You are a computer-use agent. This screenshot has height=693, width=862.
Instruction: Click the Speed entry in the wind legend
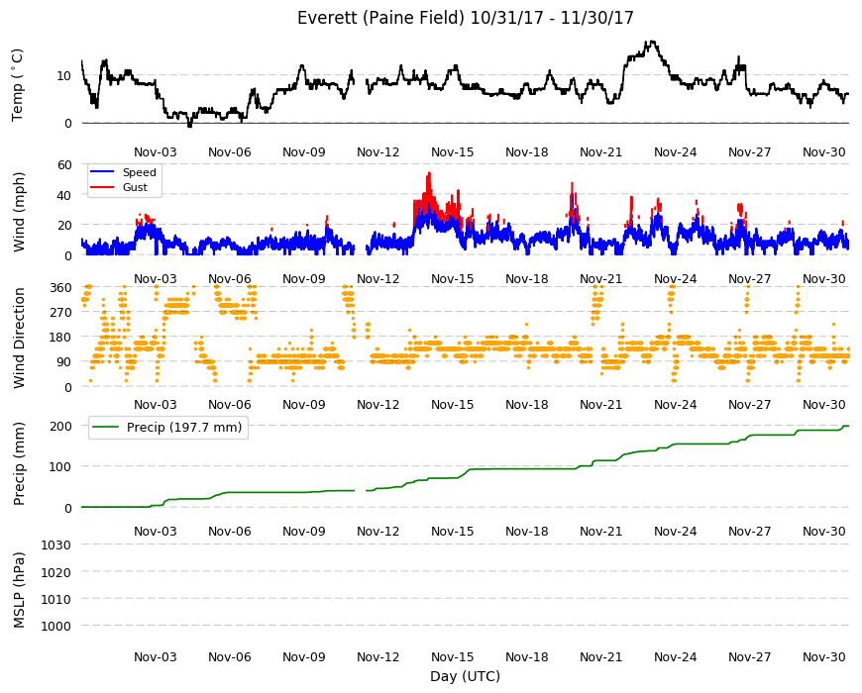click(139, 172)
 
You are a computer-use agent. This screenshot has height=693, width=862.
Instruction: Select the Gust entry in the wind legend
click(135, 187)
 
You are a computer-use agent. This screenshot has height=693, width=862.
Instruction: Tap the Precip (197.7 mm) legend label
click(184, 428)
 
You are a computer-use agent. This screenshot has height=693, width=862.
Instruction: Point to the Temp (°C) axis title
click(18, 85)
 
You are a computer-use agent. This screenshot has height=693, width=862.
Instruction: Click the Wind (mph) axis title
click(19, 212)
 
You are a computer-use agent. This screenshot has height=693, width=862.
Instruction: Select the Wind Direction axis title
click(19, 339)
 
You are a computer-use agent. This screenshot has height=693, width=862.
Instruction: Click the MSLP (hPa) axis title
click(19, 590)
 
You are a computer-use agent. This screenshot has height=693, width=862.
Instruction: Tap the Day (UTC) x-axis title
click(465, 676)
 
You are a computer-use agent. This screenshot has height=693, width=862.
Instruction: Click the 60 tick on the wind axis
click(64, 164)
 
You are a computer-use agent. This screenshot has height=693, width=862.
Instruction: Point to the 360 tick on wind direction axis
click(61, 288)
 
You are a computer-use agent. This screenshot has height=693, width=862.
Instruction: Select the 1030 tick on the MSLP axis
click(56, 544)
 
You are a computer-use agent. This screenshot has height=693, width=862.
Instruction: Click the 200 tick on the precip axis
click(61, 426)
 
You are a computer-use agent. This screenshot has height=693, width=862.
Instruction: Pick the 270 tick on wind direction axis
click(61, 313)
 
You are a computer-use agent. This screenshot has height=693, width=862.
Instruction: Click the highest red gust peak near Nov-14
click(429, 173)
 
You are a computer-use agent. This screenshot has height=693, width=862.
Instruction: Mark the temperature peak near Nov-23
click(652, 42)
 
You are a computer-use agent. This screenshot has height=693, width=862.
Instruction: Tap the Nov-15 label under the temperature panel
click(453, 152)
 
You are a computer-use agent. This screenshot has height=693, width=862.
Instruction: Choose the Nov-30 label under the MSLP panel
click(823, 656)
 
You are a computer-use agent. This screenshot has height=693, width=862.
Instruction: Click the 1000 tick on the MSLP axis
click(56, 626)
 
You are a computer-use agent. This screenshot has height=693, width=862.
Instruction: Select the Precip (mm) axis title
click(19, 464)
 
